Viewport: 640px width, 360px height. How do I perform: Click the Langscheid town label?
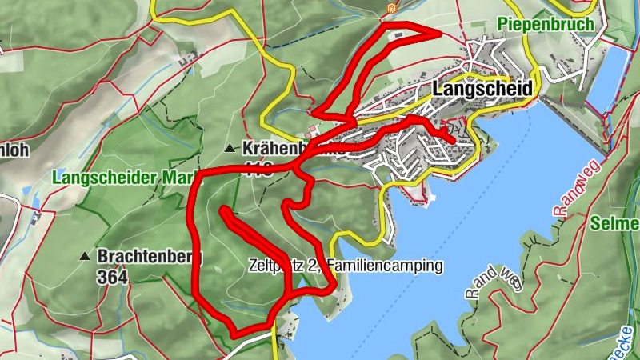(482, 90)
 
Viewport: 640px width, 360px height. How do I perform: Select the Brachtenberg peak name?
(150, 257)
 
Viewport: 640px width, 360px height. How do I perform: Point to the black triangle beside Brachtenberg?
(85, 257)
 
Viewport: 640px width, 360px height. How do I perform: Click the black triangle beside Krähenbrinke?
(230, 148)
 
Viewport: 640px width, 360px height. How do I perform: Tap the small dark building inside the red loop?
(398, 34)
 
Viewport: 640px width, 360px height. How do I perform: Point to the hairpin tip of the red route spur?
(222, 210)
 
